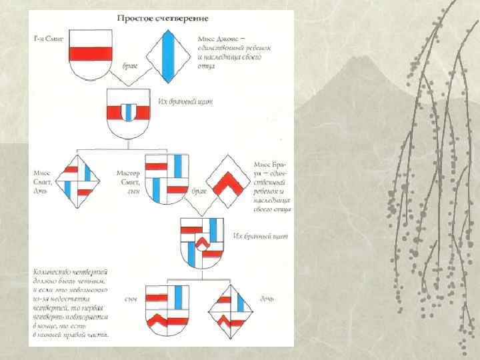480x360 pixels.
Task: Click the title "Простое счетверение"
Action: click(x=164, y=19)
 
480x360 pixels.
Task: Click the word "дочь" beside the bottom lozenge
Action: click(x=266, y=299)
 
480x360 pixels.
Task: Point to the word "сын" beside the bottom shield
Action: click(x=131, y=299)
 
